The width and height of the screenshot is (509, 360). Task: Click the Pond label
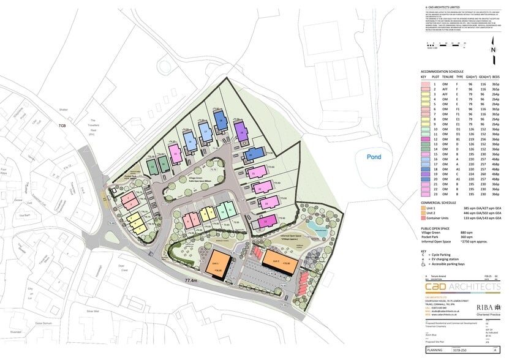(373, 157)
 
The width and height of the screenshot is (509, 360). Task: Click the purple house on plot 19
(241, 129)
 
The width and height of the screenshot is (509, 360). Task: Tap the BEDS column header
(496, 77)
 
